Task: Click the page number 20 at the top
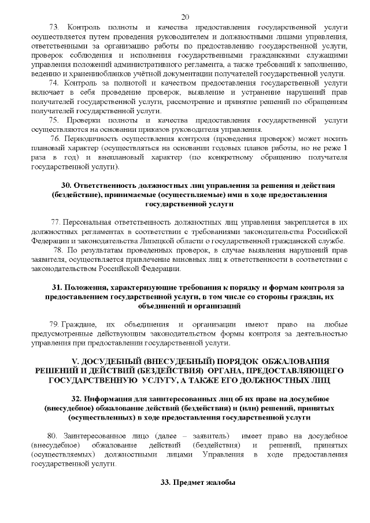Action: pos(185,16)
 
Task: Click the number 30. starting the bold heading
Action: pos(66,186)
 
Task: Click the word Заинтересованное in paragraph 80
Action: pos(93,435)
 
